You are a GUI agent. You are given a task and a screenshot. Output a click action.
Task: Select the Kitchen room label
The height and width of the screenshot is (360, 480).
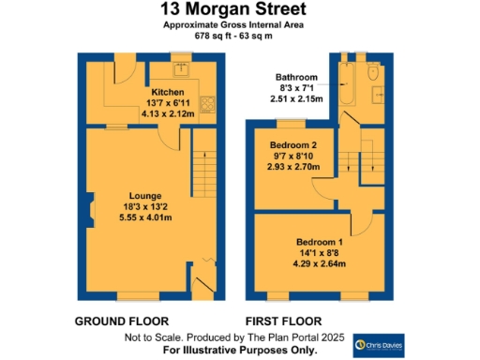(168, 92)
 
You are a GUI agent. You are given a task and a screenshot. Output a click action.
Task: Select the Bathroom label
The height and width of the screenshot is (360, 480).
(296, 77)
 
